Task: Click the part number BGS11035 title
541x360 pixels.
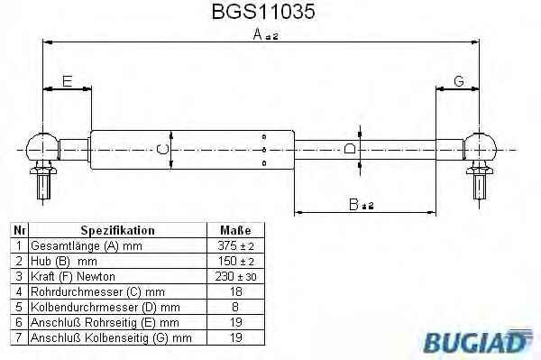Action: click(263, 12)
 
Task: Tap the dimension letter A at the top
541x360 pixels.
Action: click(257, 34)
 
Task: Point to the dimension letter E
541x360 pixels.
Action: click(68, 81)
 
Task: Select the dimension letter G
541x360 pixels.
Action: click(459, 81)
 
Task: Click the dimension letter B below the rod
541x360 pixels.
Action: click(353, 204)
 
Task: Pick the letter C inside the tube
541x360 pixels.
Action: click(162, 150)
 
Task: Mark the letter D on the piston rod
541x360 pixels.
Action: click(350, 149)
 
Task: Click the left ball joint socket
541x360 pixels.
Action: click(41, 147)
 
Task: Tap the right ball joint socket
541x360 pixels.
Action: click(480, 147)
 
